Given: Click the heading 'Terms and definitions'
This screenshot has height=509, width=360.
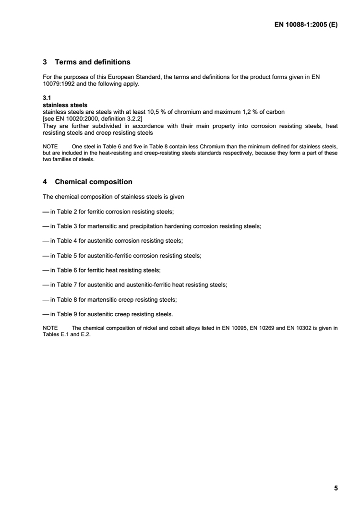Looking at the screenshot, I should click(92, 62).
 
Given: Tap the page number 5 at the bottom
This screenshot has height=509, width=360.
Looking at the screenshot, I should click(336, 488).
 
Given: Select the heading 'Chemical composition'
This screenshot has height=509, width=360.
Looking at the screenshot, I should click(94, 182).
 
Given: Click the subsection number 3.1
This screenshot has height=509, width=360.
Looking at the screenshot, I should click(47, 98).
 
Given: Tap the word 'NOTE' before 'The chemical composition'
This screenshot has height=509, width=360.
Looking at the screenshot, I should click(50, 328).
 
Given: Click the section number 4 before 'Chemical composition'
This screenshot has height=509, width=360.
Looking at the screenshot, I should click(45, 182).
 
